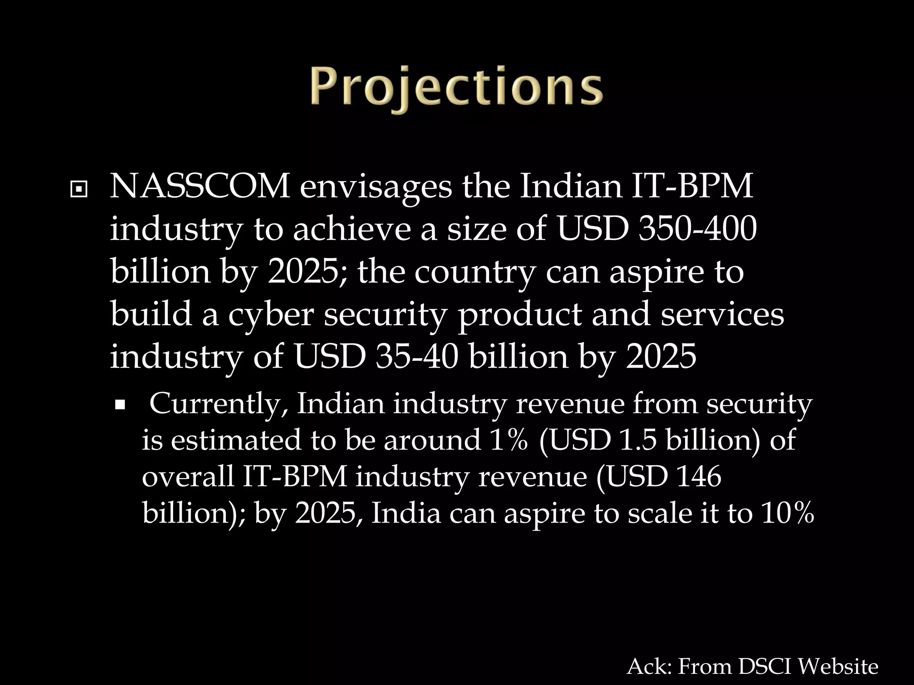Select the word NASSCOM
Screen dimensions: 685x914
tap(200, 186)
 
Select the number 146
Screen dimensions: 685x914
tap(698, 476)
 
